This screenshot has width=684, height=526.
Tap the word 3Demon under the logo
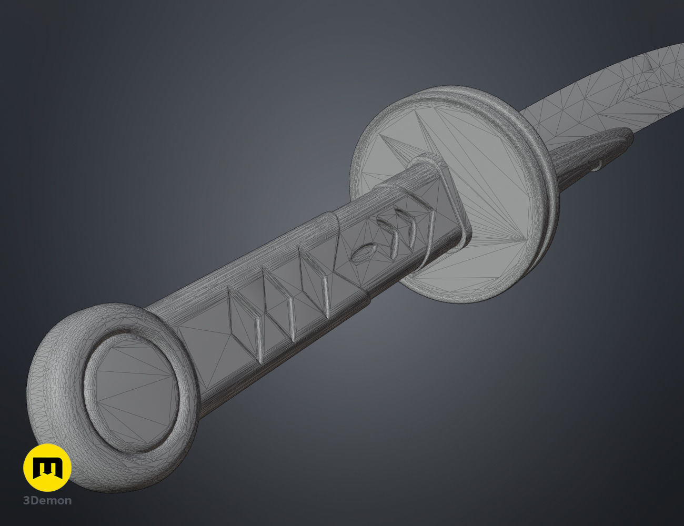(x=47, y=501)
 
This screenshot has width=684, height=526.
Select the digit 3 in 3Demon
(x=26, y=501)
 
